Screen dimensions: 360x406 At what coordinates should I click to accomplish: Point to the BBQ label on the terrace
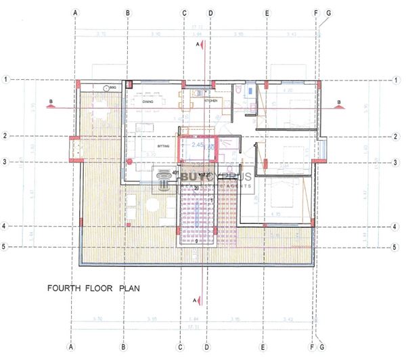click(x=114, y=87)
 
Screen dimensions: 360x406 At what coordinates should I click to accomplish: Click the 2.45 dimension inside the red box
click(x=198, y=145)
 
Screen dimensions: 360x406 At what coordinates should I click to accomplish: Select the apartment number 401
click(x=177, y=173)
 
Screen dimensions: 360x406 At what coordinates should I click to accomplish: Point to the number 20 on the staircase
click(x=196, y=187)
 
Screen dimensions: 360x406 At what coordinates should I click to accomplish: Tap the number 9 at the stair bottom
click(x=196, y=241)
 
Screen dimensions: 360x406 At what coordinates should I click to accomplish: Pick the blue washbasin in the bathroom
click(x=250, y=88)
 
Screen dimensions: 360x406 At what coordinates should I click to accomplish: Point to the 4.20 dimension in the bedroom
click(x=287, y=90)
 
